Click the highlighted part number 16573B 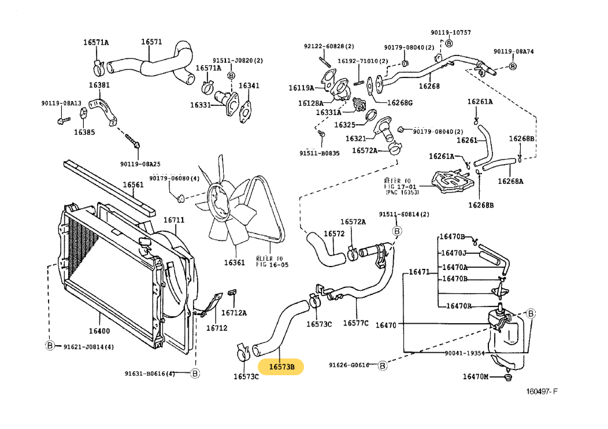[x=281, y=367]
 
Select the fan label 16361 [x=235, y=262]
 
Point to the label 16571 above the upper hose [x=151, y=42]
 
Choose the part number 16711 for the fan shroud [x=173, y=220]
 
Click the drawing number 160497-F [x=542, y=391]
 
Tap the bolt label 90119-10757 [x=450, y=32]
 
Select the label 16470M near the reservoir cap [x=475, y=377]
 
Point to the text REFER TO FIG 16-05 [x=272, y=261]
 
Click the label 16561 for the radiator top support [x=132, y=185]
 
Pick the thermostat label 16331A [x=328, y=113]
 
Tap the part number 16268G [x=400, y=103]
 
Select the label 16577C [x=355, y=323]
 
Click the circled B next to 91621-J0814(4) [x=50, y=346]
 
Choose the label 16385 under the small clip [x=84, y=132]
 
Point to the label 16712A [x=235, y=313]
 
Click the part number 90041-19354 [x=465, y=353]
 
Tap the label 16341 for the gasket [x=249, y=86]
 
